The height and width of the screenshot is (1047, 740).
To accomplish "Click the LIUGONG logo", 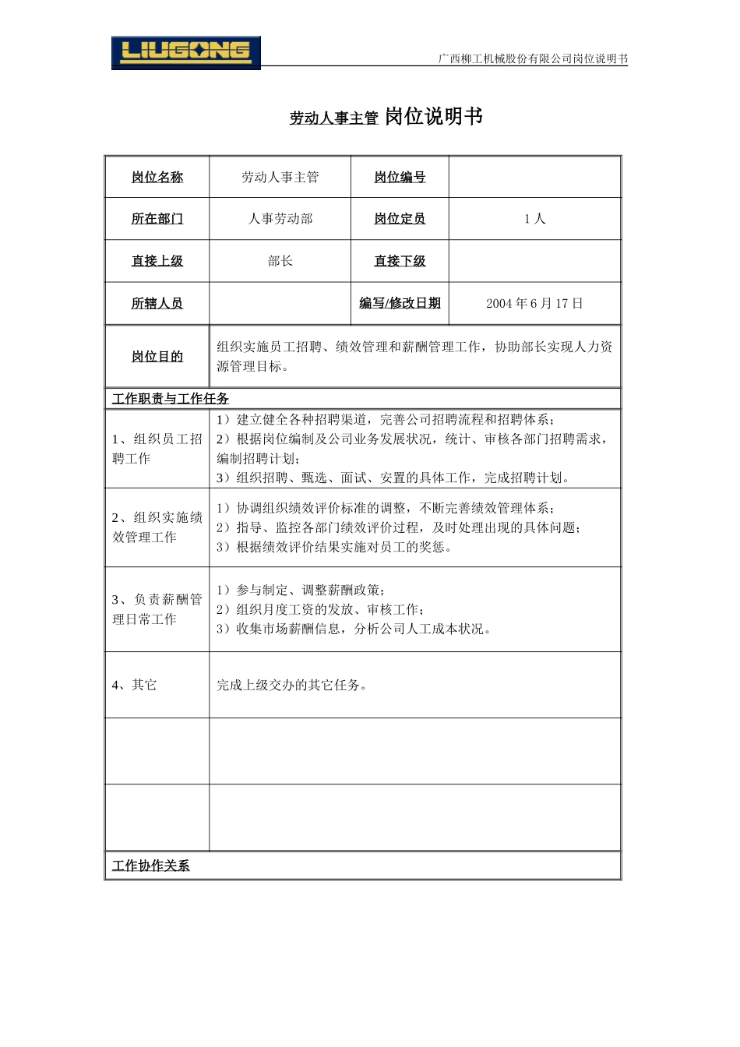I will (185, 53).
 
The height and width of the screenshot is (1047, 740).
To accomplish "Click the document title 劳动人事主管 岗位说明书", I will (386, 117).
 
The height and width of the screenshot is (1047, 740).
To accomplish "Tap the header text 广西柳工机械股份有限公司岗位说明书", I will (533, 58).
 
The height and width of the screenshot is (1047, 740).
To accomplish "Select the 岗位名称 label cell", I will (157, 178).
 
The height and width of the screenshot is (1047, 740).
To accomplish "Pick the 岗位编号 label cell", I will (400, 178).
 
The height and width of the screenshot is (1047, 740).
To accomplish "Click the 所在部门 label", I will (157, 219).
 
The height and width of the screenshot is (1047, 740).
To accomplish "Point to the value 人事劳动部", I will (280, 219).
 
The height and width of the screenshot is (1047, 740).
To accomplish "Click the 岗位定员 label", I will (400, 219).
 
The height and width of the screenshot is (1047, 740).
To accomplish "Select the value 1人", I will (534, 219).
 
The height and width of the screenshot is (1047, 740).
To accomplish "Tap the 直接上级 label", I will (157, 261).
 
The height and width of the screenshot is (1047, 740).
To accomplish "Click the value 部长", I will (280, 261).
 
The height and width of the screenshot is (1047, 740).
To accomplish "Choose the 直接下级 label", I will (400, 261).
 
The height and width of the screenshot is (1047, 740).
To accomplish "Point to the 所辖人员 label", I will (157, 303).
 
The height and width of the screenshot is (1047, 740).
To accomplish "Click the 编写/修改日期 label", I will (400, 303).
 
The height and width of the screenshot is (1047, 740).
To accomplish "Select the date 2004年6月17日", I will (534, 303).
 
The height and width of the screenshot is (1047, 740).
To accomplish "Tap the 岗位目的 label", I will (157, 356).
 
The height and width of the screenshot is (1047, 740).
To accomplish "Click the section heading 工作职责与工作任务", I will (171, 399).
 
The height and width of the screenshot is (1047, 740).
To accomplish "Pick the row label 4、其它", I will (134, 685).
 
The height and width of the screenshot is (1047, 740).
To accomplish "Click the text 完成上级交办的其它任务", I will (292, 685).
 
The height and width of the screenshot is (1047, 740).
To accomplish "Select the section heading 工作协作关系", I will (151, 865).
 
